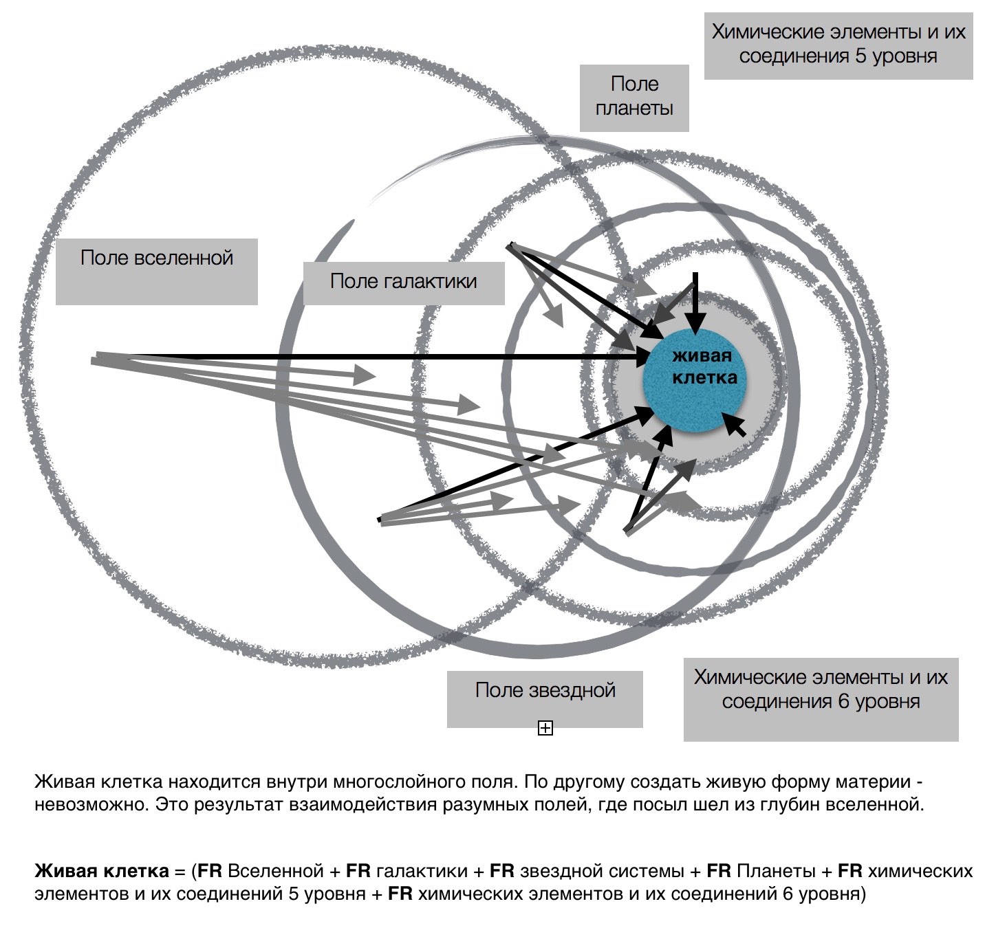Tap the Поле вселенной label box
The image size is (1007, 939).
(157, 272)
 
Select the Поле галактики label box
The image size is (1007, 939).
(404, 283)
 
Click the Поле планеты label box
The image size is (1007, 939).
(634, 98)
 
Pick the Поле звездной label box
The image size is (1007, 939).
(545, 699)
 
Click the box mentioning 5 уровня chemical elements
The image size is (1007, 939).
(838, 46)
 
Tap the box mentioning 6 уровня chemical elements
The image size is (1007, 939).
(821, 699)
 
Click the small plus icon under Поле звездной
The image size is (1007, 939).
(545, 728)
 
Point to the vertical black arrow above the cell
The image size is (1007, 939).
(695, 302)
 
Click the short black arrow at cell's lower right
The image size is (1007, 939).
(733, 424)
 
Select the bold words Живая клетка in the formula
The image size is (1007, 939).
(101, 870)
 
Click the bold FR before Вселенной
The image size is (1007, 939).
(210, 870)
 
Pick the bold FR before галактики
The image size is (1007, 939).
(358, 870)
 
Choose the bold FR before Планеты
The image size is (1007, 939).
(719, 870)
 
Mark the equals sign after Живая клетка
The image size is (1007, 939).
(180, 872)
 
